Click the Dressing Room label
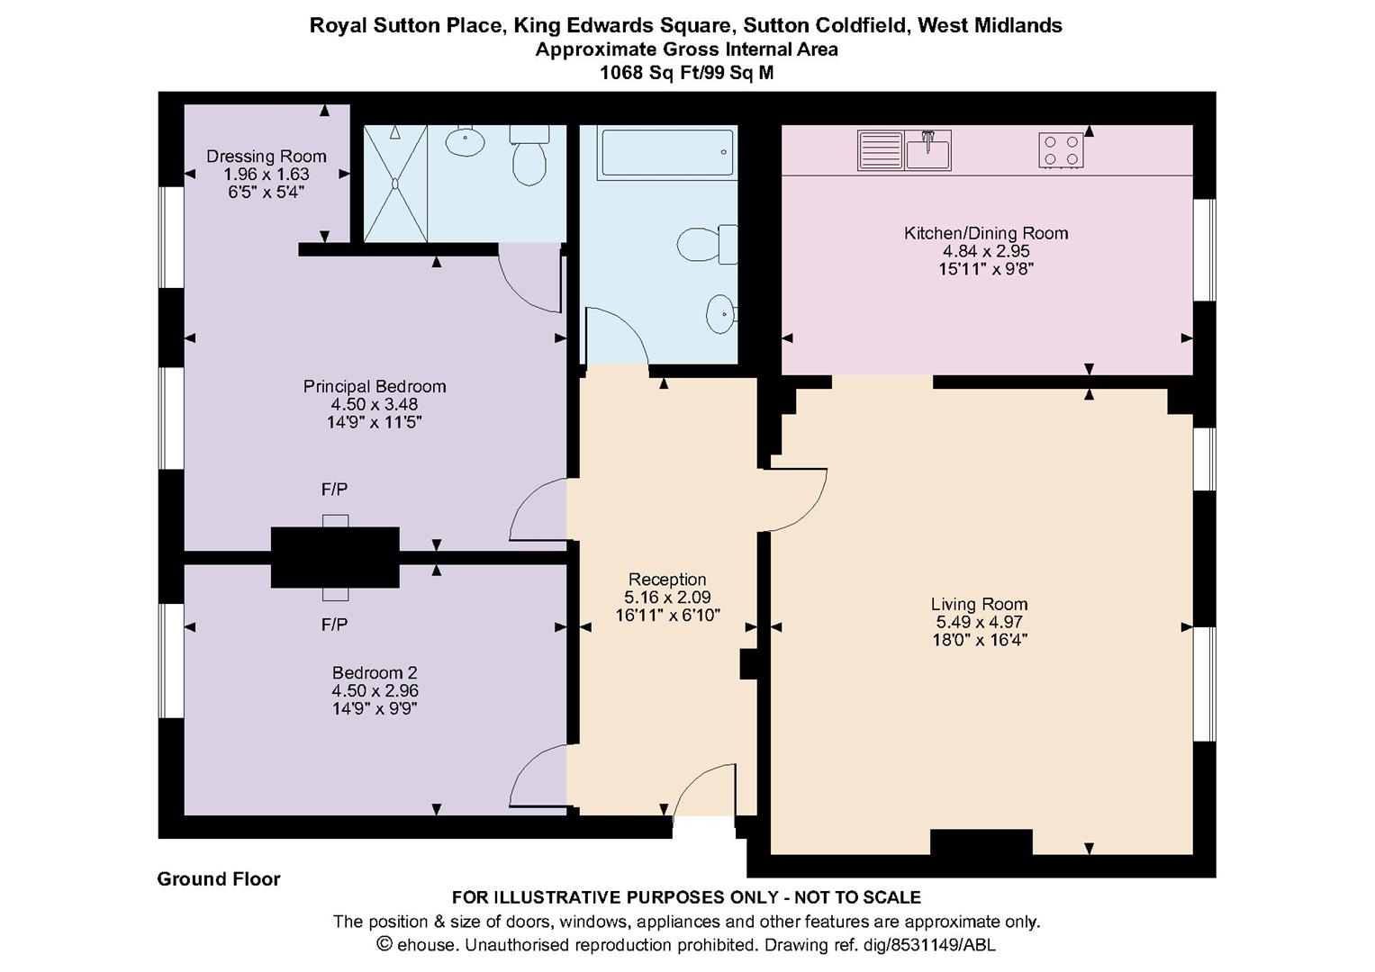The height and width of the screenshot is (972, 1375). (267, 157)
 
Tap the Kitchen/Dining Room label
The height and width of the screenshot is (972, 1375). (986, 233)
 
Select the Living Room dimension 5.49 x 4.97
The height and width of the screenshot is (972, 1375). (979, 622)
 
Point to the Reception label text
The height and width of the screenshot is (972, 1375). (667, 580)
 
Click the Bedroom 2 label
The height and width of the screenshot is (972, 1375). (375, 672)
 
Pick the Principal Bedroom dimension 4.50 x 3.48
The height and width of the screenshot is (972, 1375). (375, 404)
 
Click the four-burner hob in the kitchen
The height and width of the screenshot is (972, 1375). (1061, 150)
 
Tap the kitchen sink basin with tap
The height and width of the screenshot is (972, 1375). (927, 149)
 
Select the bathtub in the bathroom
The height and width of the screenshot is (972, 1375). (666, 152)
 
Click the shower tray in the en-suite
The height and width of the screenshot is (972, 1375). (395, 184)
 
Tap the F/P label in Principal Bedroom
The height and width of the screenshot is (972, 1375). (335, 489)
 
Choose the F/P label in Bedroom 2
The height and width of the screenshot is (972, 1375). (335, 625)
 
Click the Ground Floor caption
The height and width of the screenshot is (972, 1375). (219, 878)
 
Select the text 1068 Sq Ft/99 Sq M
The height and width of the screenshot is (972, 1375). (686, 72)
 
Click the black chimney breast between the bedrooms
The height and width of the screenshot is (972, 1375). (335, 557)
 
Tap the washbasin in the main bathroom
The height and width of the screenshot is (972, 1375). (720, 314)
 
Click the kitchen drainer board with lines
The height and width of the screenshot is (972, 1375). (881, 149)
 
